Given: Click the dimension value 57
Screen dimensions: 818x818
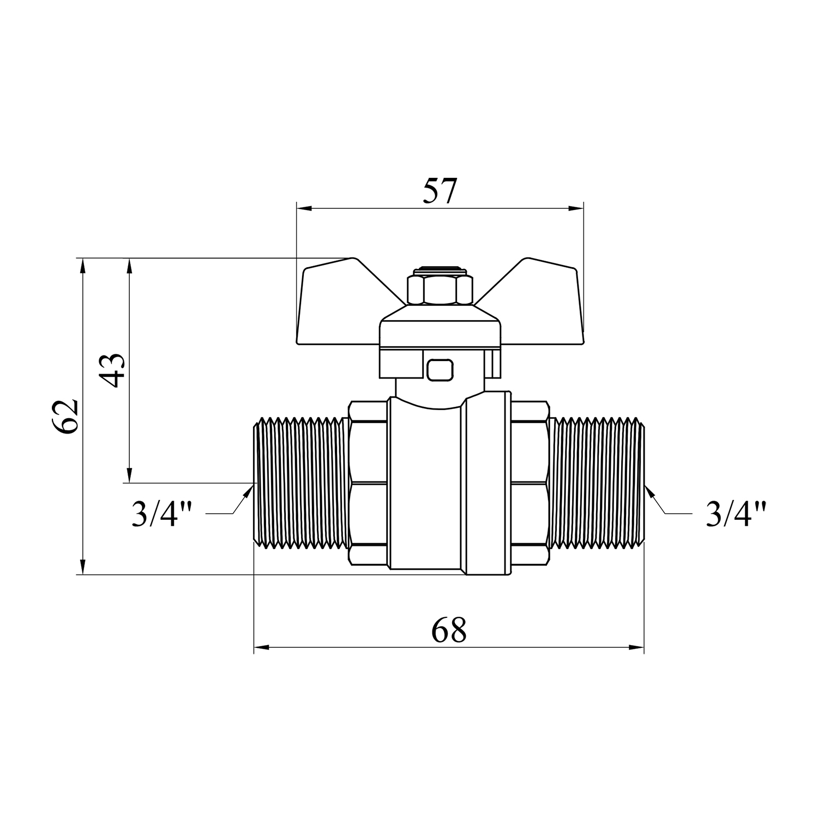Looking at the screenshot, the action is pos(439,190).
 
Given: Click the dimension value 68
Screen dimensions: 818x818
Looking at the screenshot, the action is pos(449,630).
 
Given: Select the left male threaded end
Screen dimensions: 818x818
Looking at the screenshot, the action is pos(302,483).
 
